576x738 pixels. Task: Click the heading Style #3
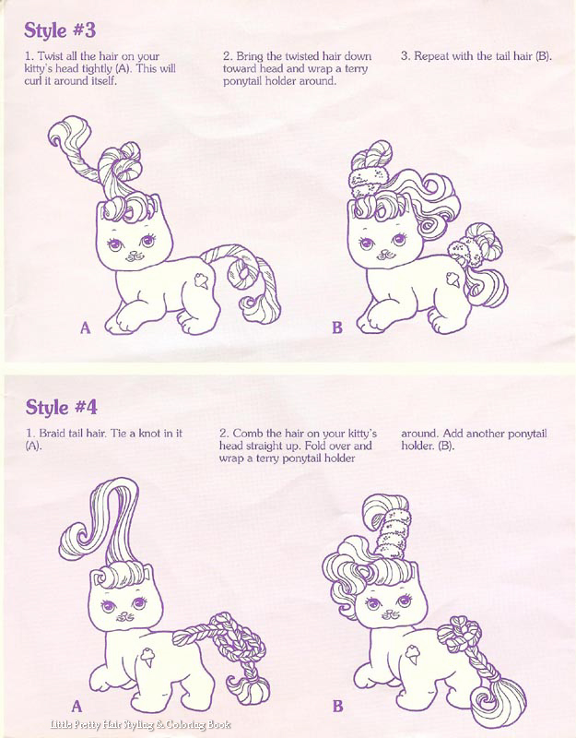(60, 30)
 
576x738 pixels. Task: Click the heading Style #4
(61, 407)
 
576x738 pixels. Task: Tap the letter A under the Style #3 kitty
(85, 327)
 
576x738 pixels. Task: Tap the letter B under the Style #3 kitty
(337, 327)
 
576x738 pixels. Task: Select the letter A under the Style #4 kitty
(76, 706)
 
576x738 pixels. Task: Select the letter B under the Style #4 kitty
(337, 706)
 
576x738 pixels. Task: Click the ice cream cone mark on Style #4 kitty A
(147, 657)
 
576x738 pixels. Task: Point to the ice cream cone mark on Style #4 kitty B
(412, 654)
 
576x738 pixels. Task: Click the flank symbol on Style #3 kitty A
(202, 281)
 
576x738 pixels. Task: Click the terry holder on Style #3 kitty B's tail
(463, 253)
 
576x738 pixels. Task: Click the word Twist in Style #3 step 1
(50, 56)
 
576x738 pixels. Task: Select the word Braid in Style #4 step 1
(53, 433)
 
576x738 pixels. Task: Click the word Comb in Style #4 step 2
(248, 433)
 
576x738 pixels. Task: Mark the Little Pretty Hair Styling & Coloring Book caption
(140, 725)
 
